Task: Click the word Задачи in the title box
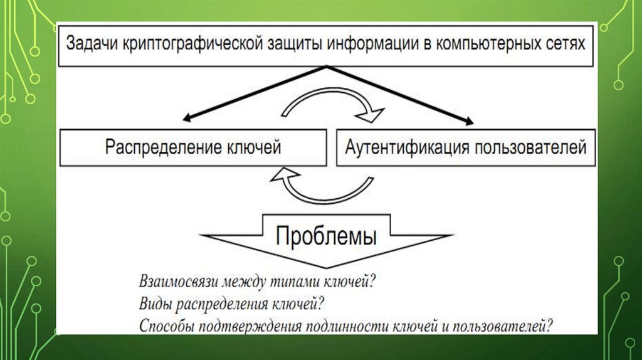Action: click(x=93, y=45)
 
